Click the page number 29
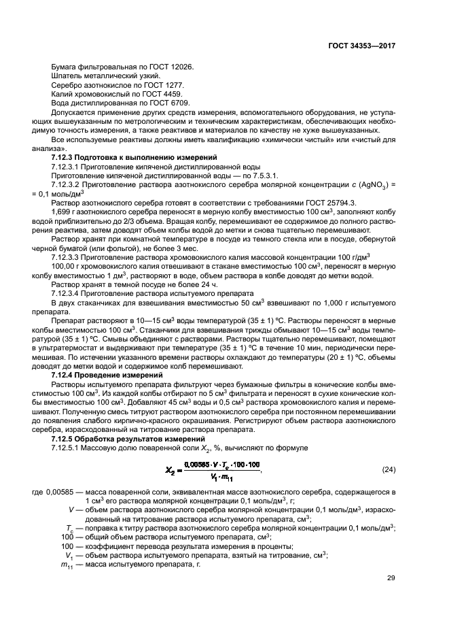(x=391, y=579)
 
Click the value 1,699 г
(x=65, y=212)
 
